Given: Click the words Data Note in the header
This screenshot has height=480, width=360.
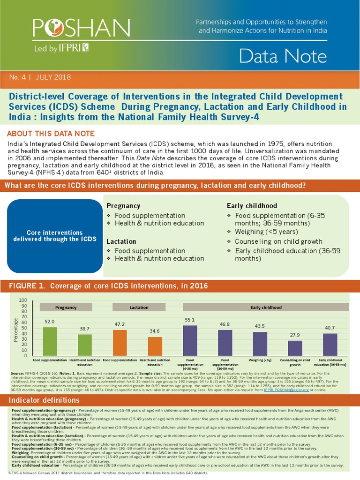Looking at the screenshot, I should [283, 56].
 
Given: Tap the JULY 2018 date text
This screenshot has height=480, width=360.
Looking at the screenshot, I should [53, 77].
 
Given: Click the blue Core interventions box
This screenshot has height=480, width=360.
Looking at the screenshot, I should [55, 236].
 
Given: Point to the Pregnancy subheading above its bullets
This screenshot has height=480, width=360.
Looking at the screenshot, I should [123, 206].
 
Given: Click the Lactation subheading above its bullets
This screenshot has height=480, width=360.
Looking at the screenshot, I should [121, 241].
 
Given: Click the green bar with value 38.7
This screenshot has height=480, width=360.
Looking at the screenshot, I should [85, 345].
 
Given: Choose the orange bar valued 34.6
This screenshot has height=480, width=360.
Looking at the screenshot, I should [155, 346].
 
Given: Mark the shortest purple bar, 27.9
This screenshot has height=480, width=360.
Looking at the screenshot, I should [295, 348].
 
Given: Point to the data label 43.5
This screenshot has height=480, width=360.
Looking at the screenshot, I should [260, 326].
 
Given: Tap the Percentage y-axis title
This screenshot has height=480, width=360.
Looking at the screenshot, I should [16, 329].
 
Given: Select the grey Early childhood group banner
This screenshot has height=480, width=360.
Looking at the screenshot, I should [266, 307].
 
